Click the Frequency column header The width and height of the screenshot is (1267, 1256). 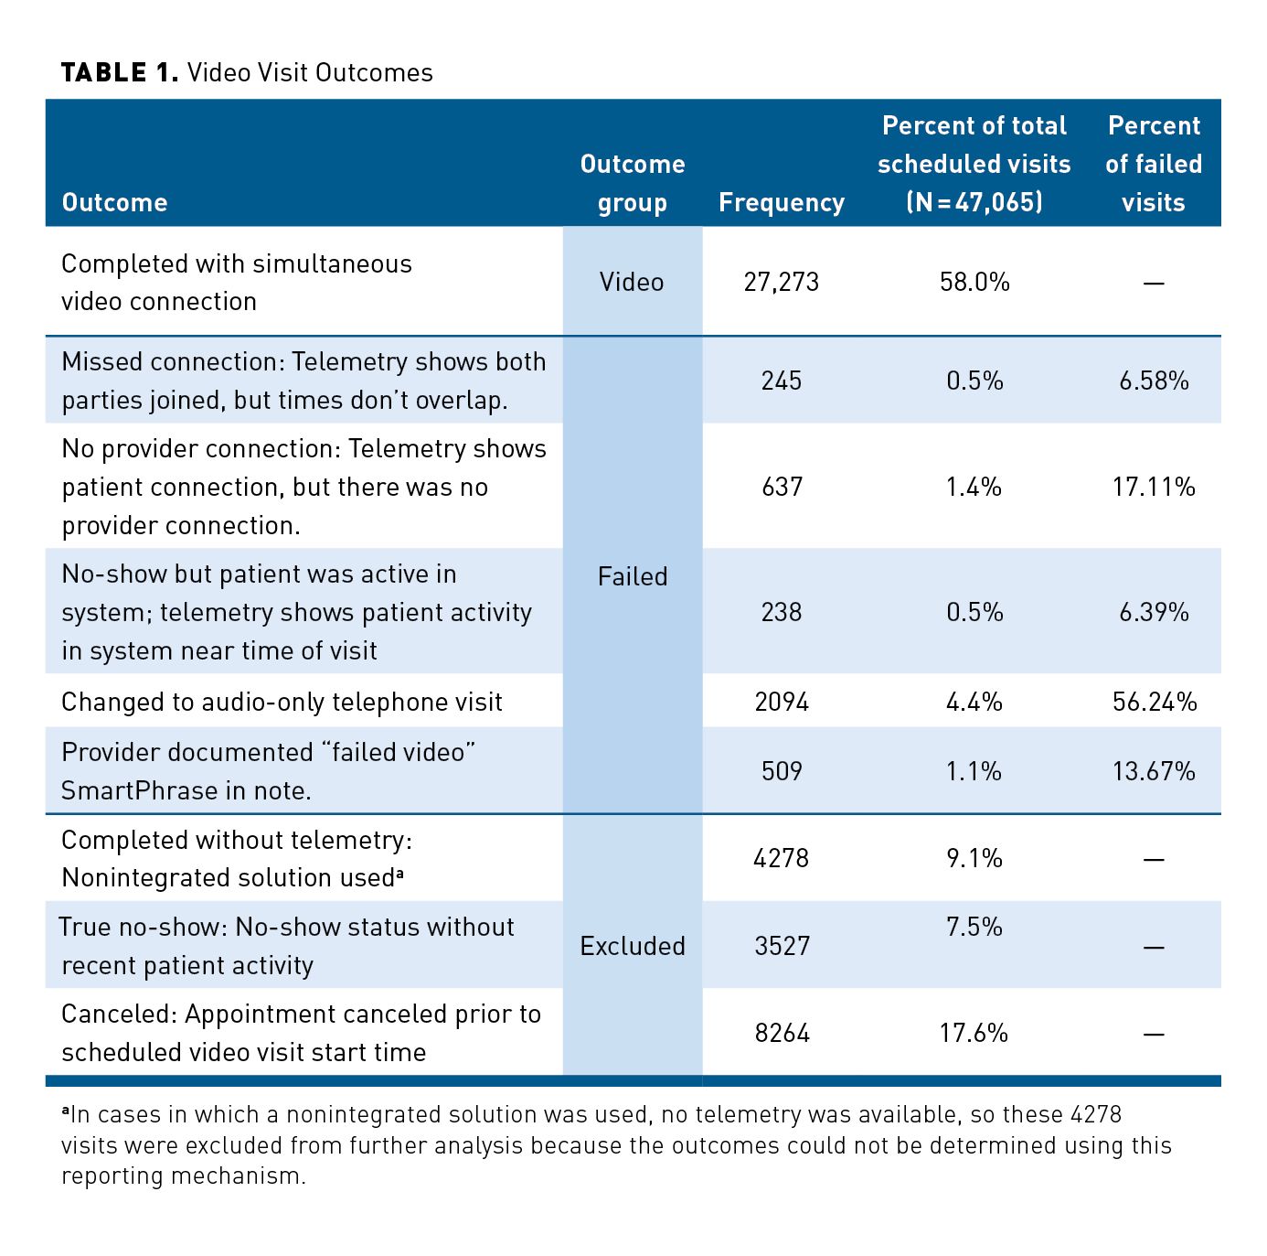782,202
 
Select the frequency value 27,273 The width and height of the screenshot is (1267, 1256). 782,282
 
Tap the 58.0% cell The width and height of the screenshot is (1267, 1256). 974,282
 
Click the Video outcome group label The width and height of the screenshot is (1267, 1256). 632,282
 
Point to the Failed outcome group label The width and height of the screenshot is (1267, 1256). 633,576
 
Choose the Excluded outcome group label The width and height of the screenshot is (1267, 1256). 633,946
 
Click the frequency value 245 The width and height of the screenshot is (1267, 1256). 782,381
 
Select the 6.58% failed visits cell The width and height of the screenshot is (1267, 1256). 1154,381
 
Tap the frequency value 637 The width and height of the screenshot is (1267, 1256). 782,487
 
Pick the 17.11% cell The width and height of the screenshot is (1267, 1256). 1154,487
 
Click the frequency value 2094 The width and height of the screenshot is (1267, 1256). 782,702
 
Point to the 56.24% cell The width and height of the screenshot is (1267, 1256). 1155,702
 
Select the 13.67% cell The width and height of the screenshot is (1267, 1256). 1154,771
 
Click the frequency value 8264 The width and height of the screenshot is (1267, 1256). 782,1034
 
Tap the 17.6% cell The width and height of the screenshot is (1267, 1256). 974,1034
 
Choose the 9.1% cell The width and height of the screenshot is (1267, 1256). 974,858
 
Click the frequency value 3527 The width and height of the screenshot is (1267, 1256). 782,946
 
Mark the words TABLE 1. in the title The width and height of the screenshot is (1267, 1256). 120,73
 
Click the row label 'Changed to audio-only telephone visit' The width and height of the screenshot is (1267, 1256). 282,702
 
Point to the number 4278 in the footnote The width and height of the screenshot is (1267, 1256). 1095,1115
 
